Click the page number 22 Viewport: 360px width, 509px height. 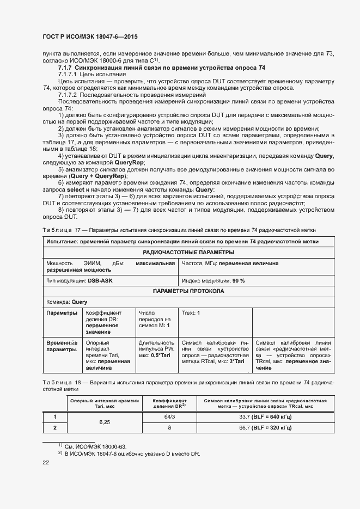click(x=46, y=463)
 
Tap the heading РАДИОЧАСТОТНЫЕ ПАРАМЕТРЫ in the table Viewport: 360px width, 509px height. click(x=188, y=252)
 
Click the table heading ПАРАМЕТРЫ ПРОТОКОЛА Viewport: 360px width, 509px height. click(x=188, y=291)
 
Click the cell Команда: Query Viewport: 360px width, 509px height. click(x=67, y=302)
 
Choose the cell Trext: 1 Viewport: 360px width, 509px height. click(x=190, y=313)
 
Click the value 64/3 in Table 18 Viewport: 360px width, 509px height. click(x=169, y=417)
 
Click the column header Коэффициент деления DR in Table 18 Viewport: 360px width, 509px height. click(x=169, y=403)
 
